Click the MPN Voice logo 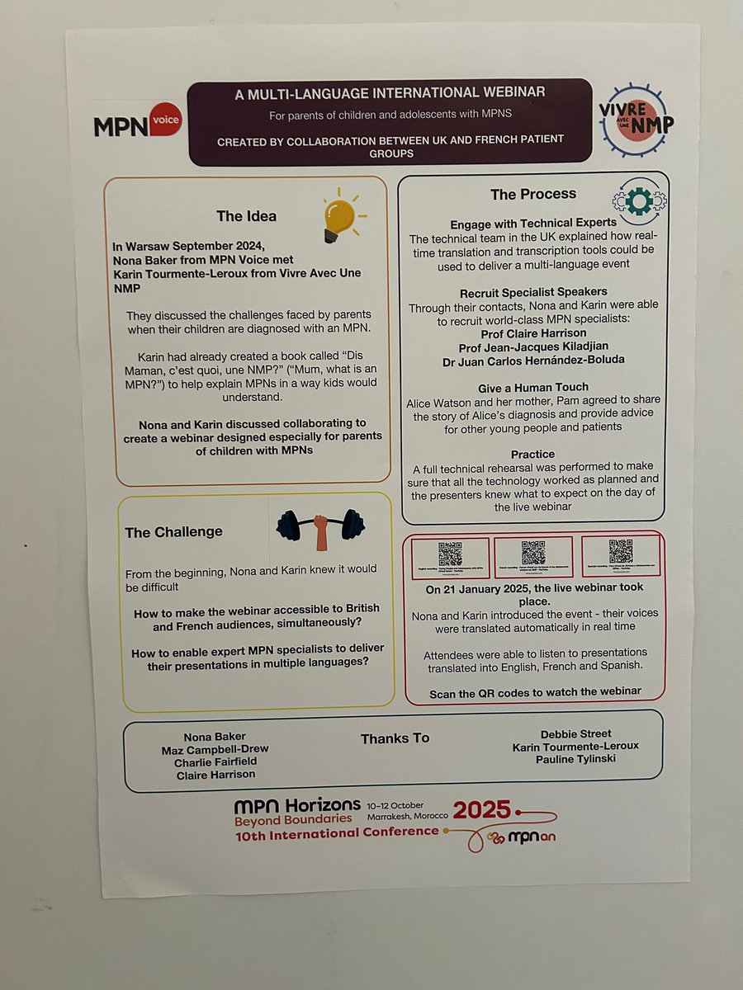click(x=136, y=125)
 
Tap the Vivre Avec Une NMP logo click(x=637, y=120)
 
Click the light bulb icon click(x=339, y=215)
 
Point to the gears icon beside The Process click(x=639, y=199)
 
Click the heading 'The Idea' click(x=246, y=216)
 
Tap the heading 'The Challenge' click(x=173, y=532)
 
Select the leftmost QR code click(x=450, y=552)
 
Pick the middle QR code click(x=533, y=552)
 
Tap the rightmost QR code click(x=620, y=551)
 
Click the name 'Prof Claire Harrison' click(x=533, y=333)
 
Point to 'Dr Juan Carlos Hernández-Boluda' click(x=533, y=360)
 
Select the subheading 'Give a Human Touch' click(x=533, y=387)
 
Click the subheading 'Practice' click(x=533, y=454)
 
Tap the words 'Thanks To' click(x=395, y=738)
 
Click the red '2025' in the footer click(x=482, y=809)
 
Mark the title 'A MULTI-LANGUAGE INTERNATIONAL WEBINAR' click(x=390, y=93)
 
